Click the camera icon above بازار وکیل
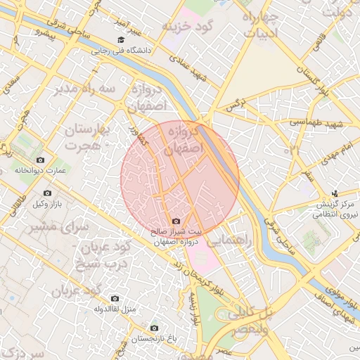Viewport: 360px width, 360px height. click(x=48, y=193)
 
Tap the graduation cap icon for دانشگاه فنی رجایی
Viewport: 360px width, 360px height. click(x=121, y=40)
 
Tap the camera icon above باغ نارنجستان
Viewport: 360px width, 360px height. click(x=155, y=328)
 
